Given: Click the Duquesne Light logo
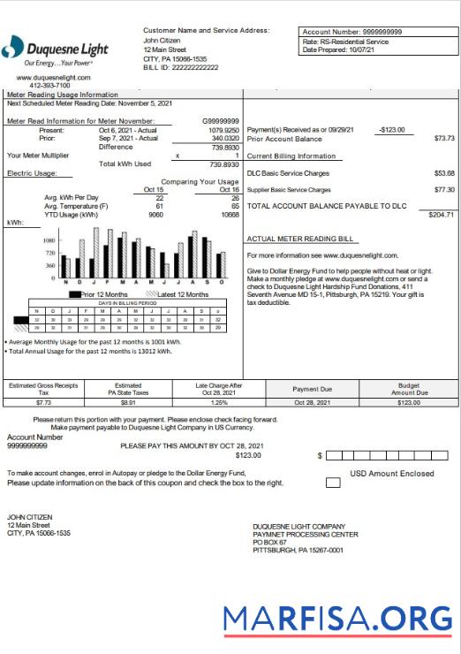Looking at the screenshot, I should click(55, 50).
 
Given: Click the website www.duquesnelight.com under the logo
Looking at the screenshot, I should click(54, 78).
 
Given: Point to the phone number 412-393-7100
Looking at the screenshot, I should click(54, 87).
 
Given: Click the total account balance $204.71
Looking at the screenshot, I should click(441, 215).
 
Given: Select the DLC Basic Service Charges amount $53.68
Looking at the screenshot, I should click(444, 173).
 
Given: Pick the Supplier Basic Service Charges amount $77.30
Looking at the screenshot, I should click(444, 190).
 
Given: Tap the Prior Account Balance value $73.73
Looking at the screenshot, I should click(444, 139).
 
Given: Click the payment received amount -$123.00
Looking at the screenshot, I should click(390, 130).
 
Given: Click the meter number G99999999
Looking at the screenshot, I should click(221, 121).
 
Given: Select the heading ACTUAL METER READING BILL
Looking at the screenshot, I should click(300, 239).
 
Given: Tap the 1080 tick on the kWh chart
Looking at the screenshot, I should click(49, 240).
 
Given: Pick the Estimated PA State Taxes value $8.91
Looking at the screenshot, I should click(128, 402).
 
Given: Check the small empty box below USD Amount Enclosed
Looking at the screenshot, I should click(333, 483).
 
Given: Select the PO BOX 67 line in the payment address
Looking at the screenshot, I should click(272, 542).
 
